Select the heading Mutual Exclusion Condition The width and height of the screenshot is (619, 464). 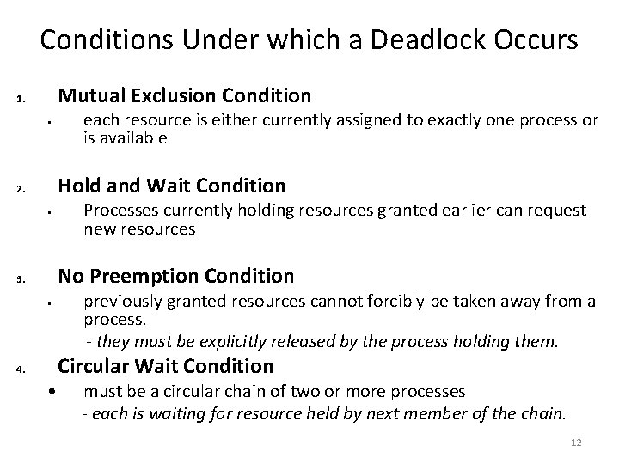tap(184, 95)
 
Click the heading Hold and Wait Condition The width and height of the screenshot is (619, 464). tap(170, 185)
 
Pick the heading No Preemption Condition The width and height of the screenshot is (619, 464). tap(175, 276)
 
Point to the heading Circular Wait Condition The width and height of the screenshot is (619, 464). tap(165, 366)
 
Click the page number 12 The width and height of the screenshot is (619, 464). tap(576, 443)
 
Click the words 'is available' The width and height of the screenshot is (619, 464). tap(125, 137)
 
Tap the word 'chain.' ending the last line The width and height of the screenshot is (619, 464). tap(544, 413)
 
